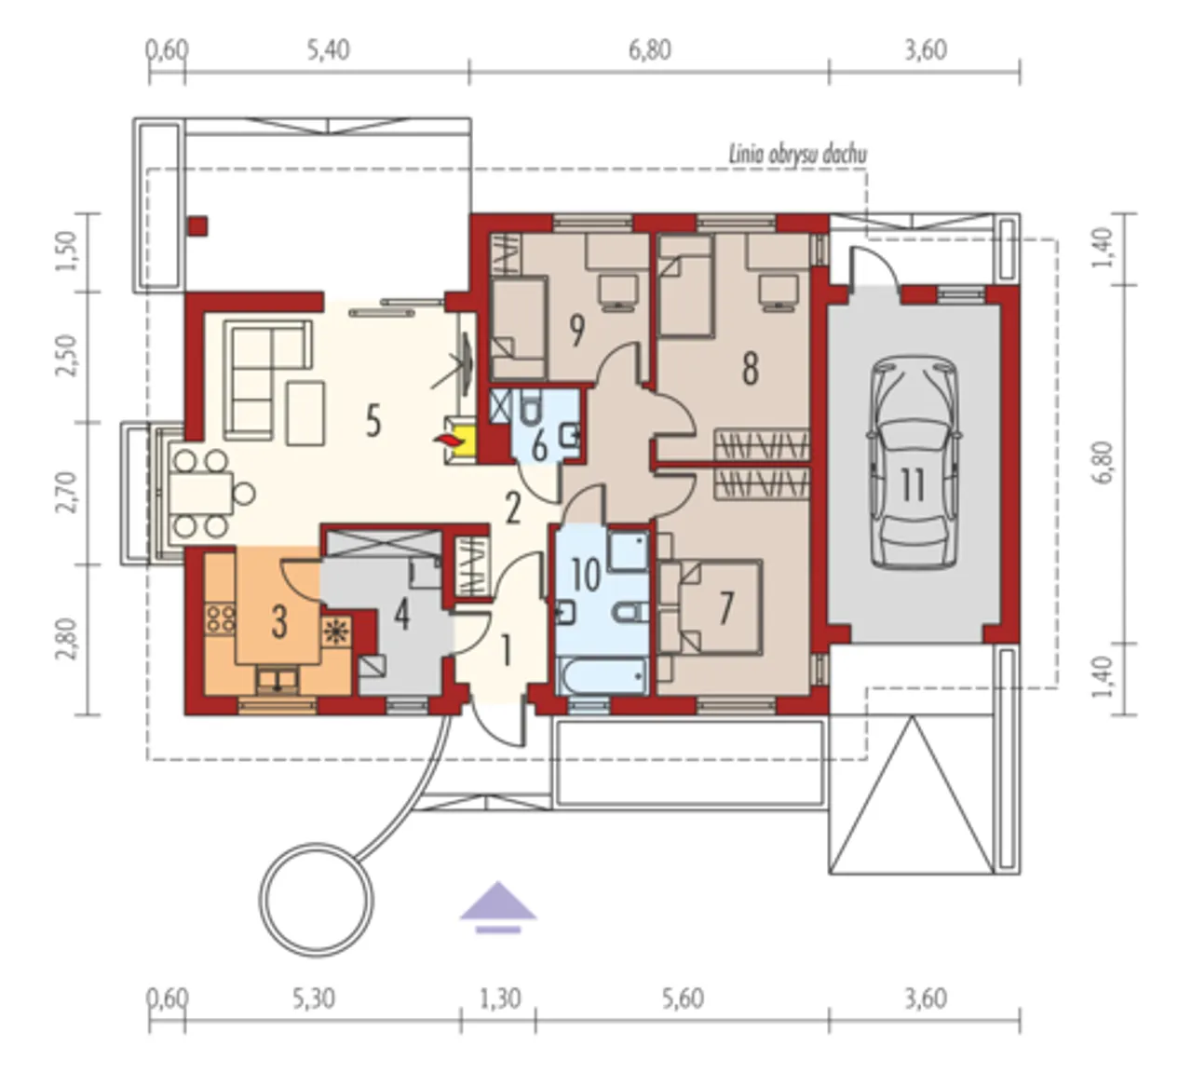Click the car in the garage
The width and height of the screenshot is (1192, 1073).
pos(914,463)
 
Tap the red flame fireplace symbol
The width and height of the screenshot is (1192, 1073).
pos(448,441)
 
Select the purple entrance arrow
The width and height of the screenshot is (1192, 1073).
pos(498,906)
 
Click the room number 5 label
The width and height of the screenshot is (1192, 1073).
pos(372,422)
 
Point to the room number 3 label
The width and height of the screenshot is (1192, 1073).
pos(279,622)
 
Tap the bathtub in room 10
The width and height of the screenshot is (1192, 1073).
pos(602,676)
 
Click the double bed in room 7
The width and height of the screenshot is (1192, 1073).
pos(720,607)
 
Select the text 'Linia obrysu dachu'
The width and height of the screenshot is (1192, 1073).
pos(797,155)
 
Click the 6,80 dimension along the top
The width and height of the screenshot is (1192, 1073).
pos(650,50)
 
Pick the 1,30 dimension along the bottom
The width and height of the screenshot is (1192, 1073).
pos(500,998)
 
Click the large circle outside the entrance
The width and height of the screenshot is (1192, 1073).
pos(316,900)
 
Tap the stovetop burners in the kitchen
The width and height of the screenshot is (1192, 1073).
pos(220,618)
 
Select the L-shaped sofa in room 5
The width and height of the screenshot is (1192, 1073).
pos(267,379)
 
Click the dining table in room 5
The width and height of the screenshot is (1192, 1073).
pos(202,493)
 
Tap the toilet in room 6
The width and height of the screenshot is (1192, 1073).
pos(530,408)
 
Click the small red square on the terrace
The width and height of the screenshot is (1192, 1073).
pos(197,226)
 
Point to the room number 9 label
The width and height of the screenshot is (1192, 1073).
pos(576,331)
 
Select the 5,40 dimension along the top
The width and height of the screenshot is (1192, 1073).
pos(328,50)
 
